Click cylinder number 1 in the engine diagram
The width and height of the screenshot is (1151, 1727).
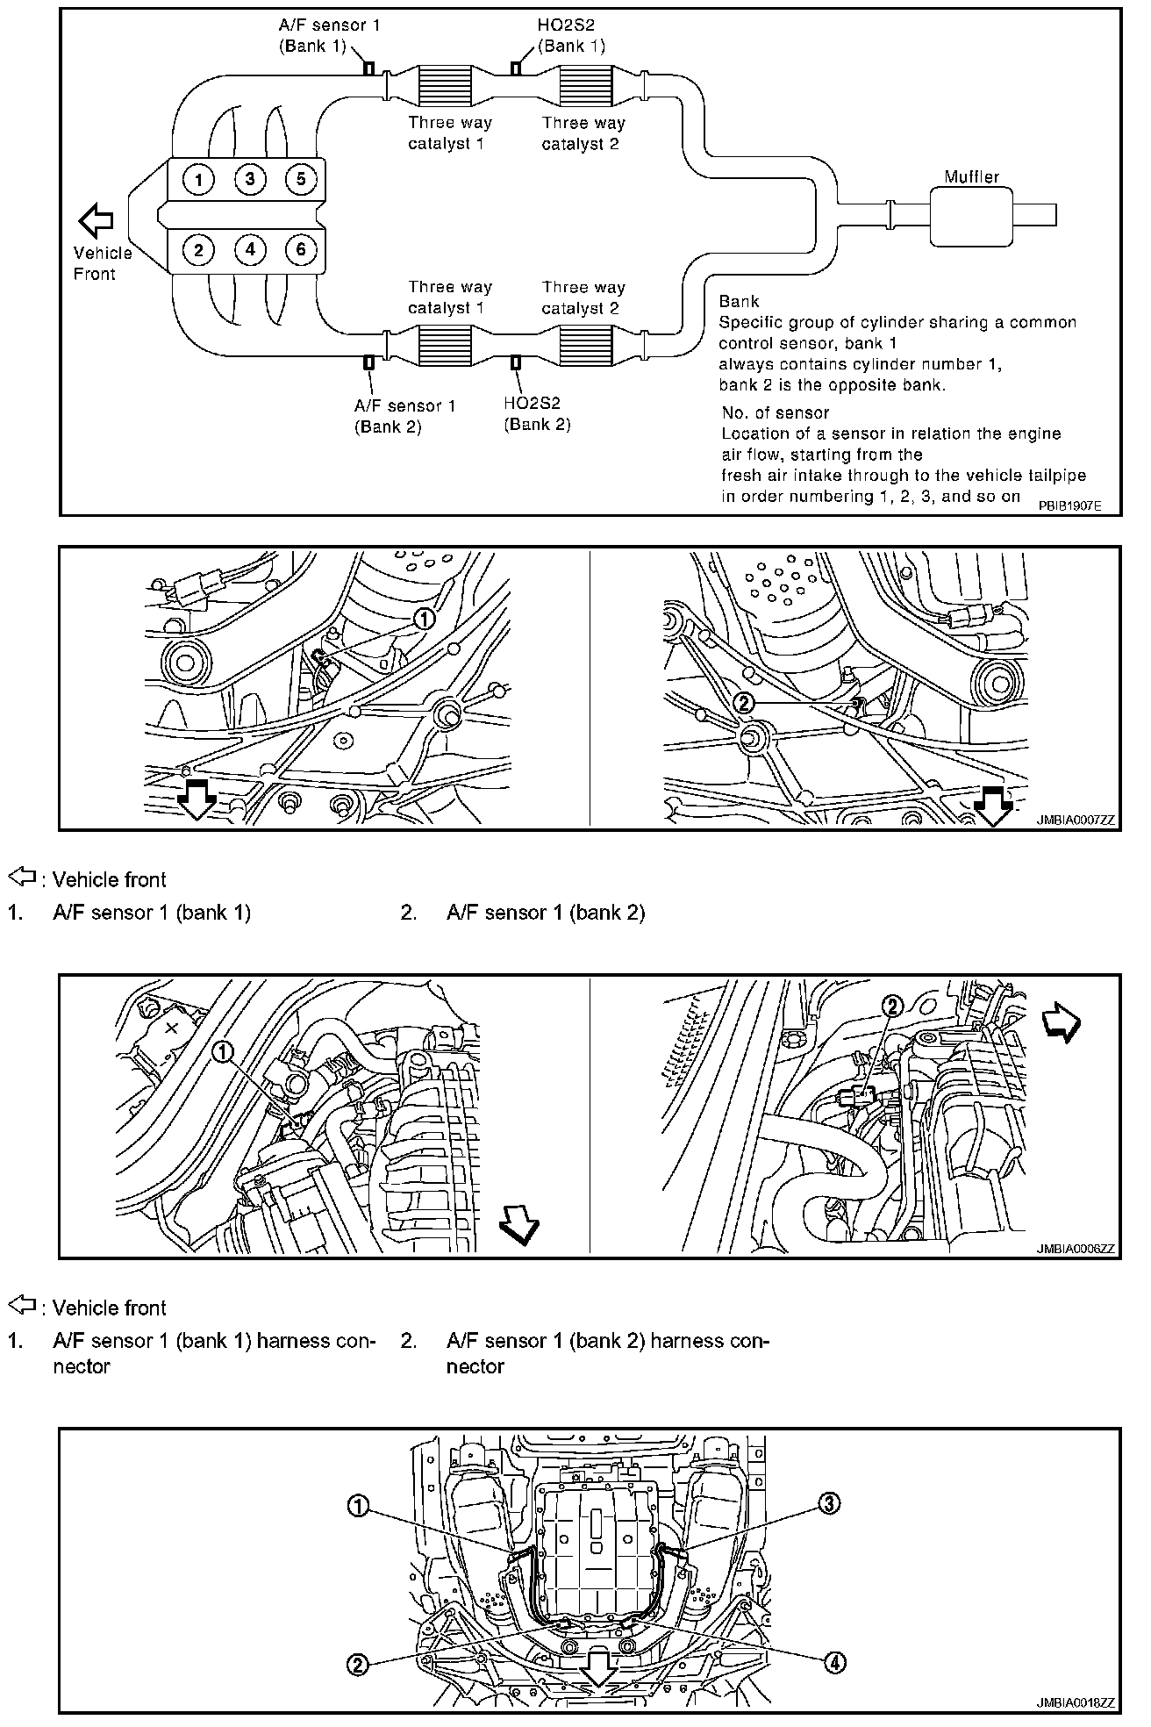point(199,180)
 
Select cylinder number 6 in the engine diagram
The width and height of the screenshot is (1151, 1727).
point(300,250)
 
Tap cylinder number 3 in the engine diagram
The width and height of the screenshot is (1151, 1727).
point(250,180)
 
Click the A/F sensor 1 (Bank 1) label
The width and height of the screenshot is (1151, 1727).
point(329,36)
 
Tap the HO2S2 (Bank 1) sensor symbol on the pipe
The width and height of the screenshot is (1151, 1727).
point(516,68)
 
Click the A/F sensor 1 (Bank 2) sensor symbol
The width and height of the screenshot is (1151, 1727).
point(369,362)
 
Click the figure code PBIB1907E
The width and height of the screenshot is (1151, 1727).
point(1069,506)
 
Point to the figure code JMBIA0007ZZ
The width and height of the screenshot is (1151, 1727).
point(1075,821)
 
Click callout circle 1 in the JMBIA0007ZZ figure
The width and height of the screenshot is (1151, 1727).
point(423,619)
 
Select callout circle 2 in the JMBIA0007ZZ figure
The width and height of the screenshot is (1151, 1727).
point(743,702)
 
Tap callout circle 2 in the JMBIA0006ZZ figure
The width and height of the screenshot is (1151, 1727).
point(891,1006)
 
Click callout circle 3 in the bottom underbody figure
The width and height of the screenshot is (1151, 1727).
point(830,1503)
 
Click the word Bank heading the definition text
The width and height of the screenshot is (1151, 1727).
point(739,302)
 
